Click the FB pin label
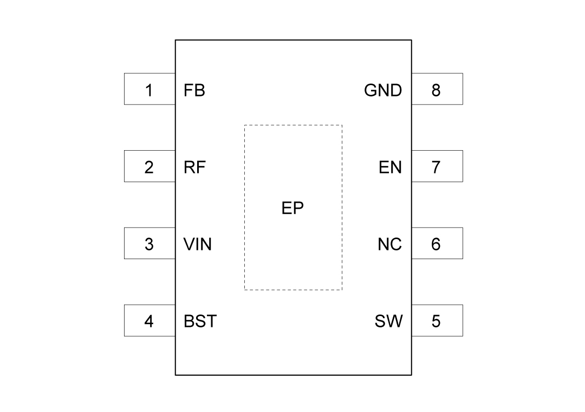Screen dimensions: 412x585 (194, 90)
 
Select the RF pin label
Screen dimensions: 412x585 (194, 168)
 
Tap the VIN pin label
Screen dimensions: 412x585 (198, 244)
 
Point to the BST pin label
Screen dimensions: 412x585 (200, 321)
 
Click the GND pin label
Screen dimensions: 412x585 (383, 90)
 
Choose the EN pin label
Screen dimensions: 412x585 (391, 168)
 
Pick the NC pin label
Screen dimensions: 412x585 (390, 244)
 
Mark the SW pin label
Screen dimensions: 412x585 (389, 321)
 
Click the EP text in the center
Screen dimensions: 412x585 (292, 208)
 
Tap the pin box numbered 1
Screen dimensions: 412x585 (149, 89)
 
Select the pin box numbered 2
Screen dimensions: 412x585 (149, 166)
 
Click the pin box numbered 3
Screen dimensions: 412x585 (149, 243)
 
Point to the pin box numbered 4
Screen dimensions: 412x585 (149, 320)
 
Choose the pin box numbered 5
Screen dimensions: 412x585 (437, 320)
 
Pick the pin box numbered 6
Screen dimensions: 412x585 (437, 243)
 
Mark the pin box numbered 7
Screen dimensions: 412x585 (437, 166)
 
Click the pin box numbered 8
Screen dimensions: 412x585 (437, 89)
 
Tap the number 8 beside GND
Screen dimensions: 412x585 (436, 91)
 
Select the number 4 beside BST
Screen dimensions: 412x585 (149, 321)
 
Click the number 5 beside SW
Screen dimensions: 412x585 (436, 321)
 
